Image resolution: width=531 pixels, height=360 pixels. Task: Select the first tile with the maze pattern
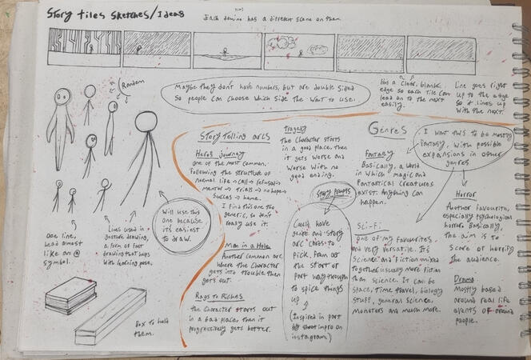(x=83, y=47)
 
